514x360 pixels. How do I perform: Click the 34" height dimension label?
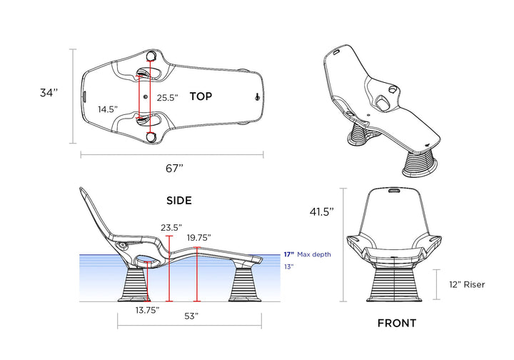click(x=49, y=93)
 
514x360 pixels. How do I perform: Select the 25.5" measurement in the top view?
click(x=168, y=97)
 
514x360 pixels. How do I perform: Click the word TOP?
click(x=201, y=96)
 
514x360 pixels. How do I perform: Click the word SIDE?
click(x=178, y=201)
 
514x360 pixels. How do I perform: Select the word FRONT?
click(x=396, y=324)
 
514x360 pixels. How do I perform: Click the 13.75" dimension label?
click(x=148, y=310)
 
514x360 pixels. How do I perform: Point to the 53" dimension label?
click(x=191, y=315)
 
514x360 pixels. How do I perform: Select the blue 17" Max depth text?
click(x=307, y=254)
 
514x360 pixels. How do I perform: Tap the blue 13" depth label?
click(x=288, y=267)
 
